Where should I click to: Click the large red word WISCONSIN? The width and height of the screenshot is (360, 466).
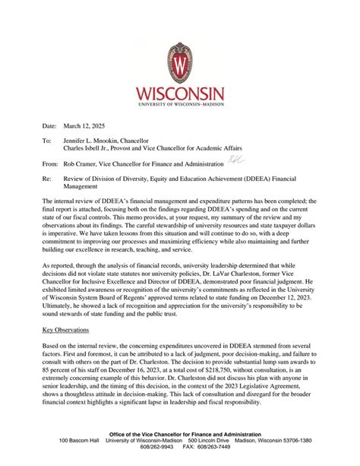click(x=180, y=94)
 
